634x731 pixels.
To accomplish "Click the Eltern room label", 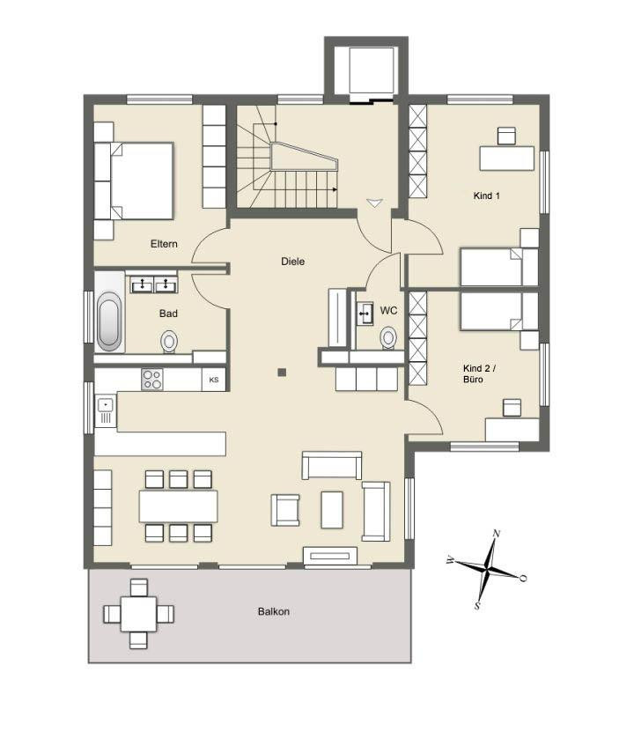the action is tap(164, 244).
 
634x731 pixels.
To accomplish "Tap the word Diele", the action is tap(292, 262).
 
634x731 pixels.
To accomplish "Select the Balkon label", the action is tap(274, 611).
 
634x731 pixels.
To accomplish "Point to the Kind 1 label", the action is tap(486, 196).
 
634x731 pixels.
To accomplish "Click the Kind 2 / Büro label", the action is tap(479, 374).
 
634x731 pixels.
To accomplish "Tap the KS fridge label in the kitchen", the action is tap(213, 380).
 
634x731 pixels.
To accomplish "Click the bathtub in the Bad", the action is tap(109, 321).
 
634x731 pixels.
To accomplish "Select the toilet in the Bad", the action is tap(169, 342).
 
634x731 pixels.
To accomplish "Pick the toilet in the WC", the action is tap(387, 337).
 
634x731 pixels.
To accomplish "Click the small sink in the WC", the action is tap(365, 314).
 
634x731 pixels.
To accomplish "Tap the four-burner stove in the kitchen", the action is tap(152, 379).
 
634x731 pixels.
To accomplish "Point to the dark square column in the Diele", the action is tap(282, 372).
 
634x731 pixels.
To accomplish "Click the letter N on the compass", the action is tap(497, 534).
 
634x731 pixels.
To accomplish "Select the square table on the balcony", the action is tap(138, 614).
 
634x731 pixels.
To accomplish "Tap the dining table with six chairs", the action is tap(178, 506).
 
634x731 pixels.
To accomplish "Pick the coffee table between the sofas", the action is tap(332, 510).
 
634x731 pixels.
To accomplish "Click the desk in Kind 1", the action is tap(507, 159).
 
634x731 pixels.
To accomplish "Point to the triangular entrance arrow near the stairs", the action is tap(374, 203).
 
